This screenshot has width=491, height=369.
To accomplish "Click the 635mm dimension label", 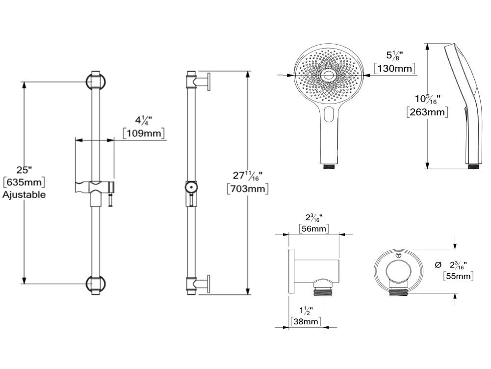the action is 24,182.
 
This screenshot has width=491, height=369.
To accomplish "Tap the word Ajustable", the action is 24,194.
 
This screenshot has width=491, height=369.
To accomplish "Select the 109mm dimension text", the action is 144,133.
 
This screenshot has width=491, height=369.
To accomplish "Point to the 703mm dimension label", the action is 248,189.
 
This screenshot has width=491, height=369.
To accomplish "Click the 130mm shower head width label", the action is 395,68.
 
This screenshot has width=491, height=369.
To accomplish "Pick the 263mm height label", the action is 427,112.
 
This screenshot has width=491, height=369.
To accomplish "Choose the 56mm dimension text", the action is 314,229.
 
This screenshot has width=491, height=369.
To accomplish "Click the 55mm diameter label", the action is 458,276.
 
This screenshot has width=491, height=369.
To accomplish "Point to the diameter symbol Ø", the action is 438,265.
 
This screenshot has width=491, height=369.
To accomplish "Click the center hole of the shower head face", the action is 329,75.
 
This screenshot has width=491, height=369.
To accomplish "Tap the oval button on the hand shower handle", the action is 329,114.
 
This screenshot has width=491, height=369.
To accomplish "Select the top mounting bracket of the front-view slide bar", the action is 96,81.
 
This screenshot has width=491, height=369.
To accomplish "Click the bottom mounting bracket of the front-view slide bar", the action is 96,285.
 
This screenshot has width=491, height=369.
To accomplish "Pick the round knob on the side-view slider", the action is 191,187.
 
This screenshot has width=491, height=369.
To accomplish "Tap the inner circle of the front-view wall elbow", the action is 398,271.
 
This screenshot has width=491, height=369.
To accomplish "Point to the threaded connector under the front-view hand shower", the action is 330,166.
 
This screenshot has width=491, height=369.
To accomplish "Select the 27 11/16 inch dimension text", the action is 247,175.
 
